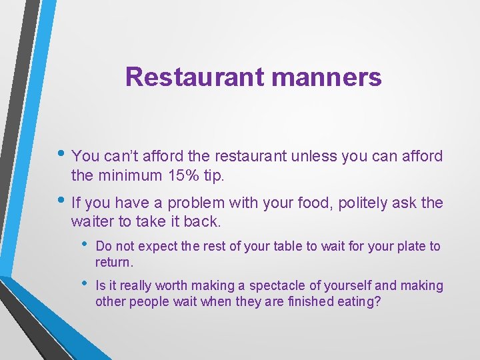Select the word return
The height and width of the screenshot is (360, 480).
coord(114,262)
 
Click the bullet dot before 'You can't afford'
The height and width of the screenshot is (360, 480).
coord(62,155)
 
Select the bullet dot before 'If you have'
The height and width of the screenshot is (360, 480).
coord(62,202)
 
